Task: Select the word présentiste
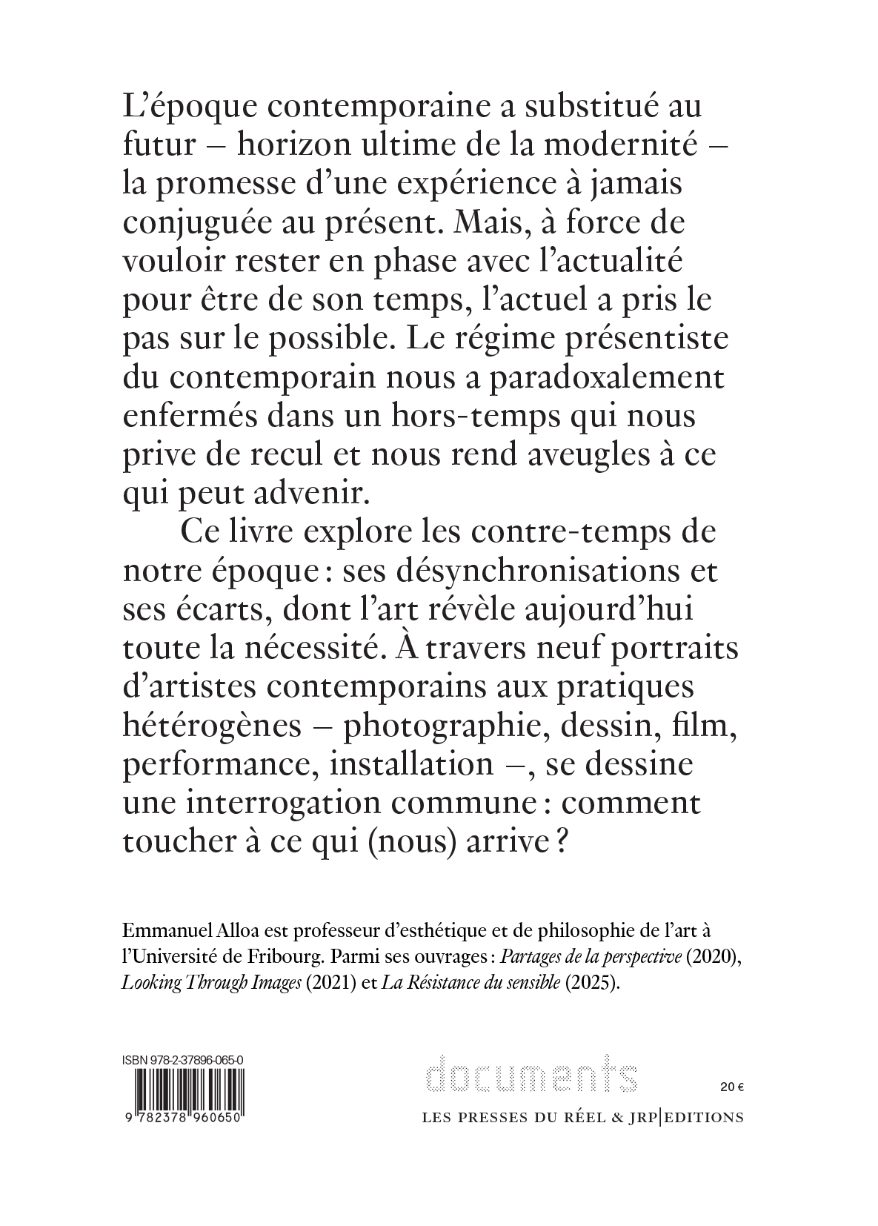[631, 339]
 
